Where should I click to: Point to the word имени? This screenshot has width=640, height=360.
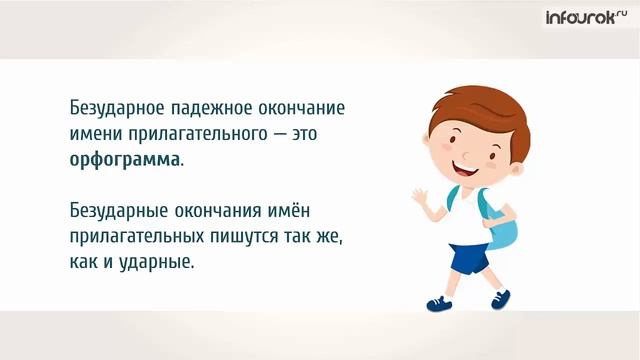pyautogui.click(x=96, y=133)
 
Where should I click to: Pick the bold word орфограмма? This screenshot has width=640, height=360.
pyautogui.click(x=125, y=159)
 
